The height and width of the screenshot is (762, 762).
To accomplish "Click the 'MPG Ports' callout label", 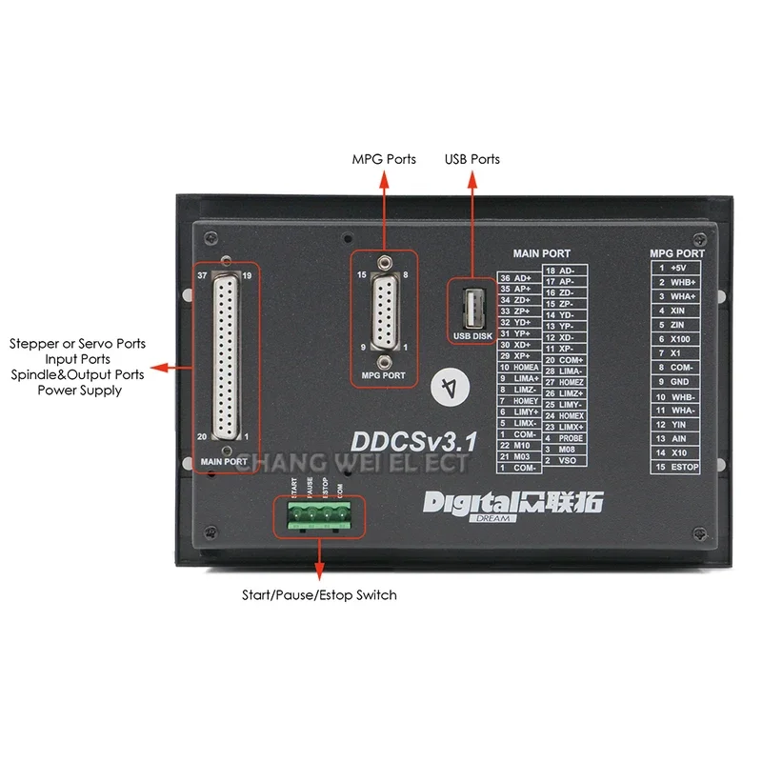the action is pyautogui.click(x=384, y=159).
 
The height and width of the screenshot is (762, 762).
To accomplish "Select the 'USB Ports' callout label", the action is pyautogui.click(x=471, y=159).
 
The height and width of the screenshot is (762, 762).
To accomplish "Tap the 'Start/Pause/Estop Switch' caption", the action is pyautogui.click(x=319, y=594).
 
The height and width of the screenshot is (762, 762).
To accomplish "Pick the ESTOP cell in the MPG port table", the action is pyautogui.click(x=685, y=467).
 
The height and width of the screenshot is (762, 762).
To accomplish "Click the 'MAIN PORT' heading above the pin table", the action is pyautogui.click(x=541, y=253).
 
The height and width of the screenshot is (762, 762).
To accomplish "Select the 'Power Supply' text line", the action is pyautogui.click(x=79, y=390).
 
